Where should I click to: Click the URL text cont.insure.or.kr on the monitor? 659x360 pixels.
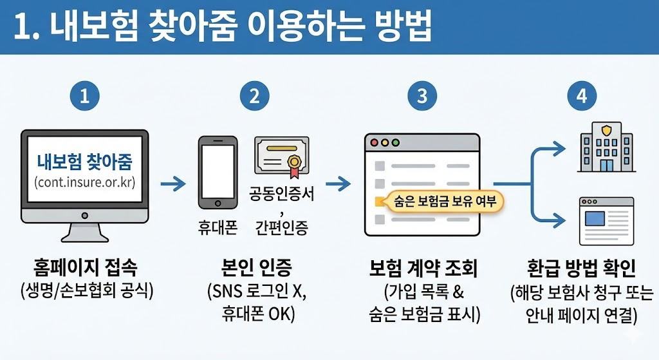click(x=85, y=182)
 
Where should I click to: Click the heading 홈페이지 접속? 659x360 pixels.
click(x=85, y=267)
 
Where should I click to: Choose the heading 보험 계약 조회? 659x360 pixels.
click(x=423, y=267)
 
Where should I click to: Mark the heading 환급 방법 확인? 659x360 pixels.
click(x=581, y=267)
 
